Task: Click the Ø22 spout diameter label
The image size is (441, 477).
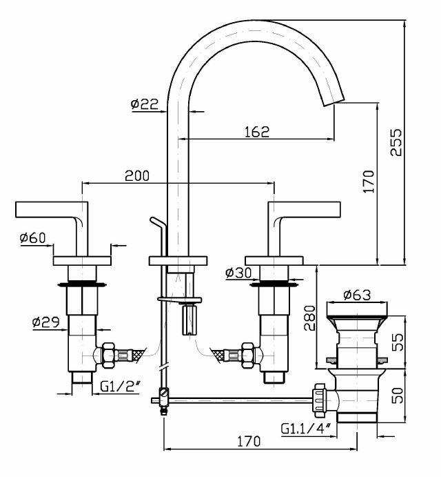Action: (x=144, y=104)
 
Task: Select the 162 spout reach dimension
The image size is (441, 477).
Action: (x=256, y=131)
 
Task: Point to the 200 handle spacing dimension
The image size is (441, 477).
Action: (x=136, y=176)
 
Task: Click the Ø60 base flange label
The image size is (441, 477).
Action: (x=32, y=238)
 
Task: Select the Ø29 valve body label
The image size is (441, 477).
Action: (x=44, y=322)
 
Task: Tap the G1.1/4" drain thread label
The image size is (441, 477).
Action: (x=306, y=428)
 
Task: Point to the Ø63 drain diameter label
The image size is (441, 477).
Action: (x=357, y=295)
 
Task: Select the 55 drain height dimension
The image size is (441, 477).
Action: (x=396, y=341)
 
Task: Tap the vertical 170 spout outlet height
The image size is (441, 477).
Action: (x=369, y=182)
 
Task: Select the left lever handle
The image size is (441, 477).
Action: (x=52, y=208)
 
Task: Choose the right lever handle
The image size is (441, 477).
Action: (x=307, y=208)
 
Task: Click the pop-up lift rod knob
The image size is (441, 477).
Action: (x=156, y=222)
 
